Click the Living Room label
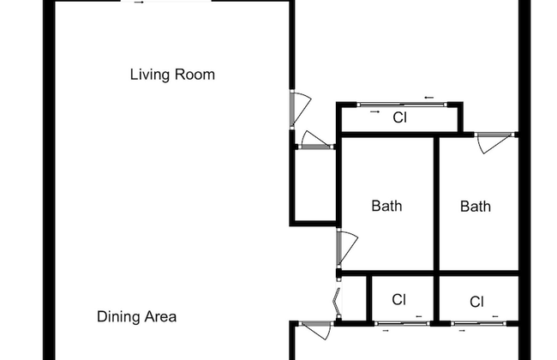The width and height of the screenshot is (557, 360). (172, 75)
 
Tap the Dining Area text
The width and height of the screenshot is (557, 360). (136, 317)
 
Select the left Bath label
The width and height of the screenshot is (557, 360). (386, 206)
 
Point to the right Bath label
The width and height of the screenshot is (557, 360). (476, 206)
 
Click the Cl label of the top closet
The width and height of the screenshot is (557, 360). (399, 118)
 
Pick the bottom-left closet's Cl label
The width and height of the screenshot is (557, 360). (398, 300)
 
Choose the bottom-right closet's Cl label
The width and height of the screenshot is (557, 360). (478, 302)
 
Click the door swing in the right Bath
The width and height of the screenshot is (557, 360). (494, 143)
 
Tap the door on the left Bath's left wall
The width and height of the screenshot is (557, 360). (346, 247)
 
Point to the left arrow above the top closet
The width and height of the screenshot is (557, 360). (428, 97)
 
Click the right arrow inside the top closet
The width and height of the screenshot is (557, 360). (374, 111)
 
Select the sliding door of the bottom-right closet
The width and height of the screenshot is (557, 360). (478, 323)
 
